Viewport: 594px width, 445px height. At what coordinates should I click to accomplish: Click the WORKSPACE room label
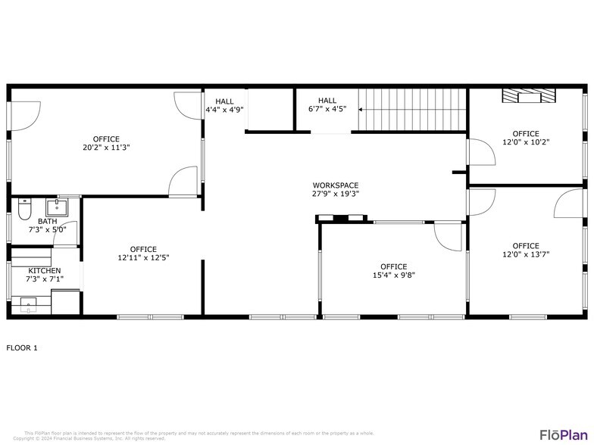336,185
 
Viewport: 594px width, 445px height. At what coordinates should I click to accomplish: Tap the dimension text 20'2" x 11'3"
106,148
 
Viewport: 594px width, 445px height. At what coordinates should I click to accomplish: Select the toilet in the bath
23,207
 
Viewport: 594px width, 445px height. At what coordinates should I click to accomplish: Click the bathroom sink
57,206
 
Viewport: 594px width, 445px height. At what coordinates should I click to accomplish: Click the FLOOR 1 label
22,348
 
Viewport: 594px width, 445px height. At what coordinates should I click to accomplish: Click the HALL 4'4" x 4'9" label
224,105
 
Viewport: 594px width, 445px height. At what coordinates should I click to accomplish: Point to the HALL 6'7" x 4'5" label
327,104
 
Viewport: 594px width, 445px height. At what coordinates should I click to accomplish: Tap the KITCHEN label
45,270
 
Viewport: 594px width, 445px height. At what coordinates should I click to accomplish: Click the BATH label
47,221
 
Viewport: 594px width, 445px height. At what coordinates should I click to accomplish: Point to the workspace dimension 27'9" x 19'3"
336,194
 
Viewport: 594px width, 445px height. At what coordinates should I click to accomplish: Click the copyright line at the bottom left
89,438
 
